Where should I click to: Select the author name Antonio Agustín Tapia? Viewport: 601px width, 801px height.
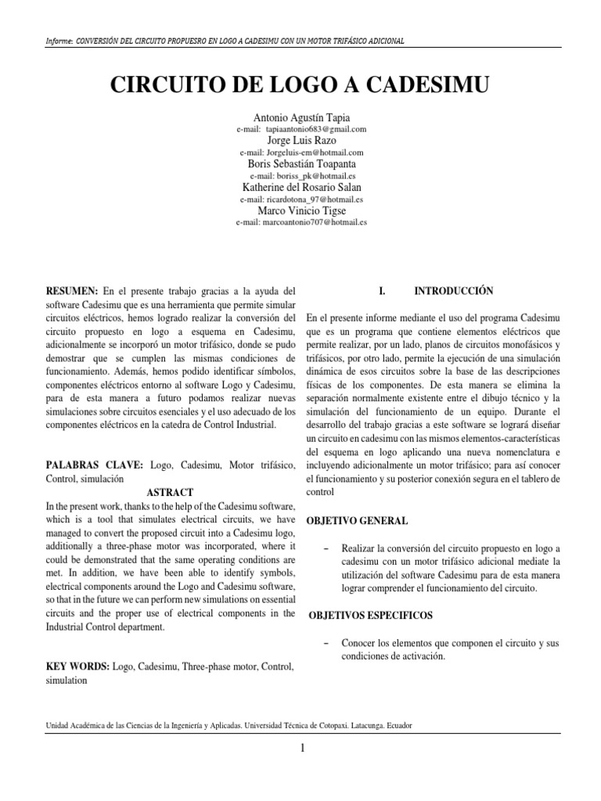(301, 117)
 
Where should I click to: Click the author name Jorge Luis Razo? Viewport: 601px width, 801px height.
(301, 140)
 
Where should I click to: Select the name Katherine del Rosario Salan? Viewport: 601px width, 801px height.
(301, 188)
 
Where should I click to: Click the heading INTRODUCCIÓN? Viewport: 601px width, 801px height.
(454, 290)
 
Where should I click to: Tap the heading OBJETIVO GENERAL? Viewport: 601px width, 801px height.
(356, 520)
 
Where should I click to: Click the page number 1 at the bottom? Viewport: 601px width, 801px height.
(301, 749)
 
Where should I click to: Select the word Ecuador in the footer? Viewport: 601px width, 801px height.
(396, 725)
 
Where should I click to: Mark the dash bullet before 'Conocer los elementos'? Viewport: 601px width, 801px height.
(325, 643)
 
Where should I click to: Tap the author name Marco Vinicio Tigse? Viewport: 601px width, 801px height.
(301, 211)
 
